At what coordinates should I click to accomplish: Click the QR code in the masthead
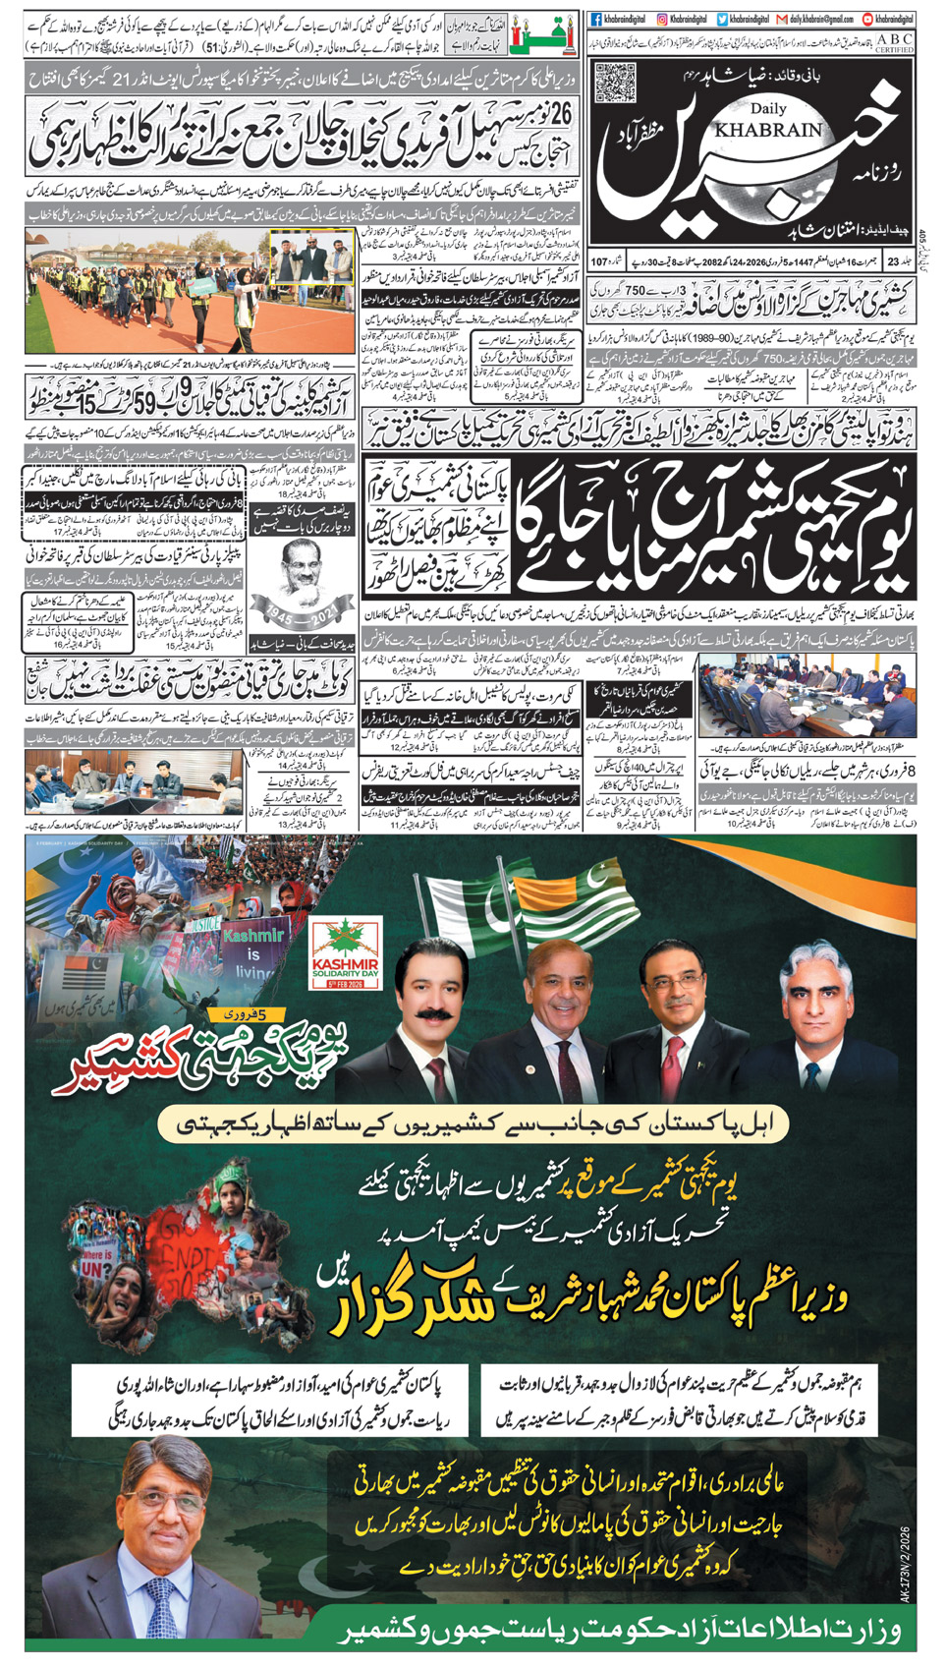(615, 82)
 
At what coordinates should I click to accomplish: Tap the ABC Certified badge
(893, 42)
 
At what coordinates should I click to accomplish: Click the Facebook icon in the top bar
(596, 19)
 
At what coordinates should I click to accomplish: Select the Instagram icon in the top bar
(663, 19)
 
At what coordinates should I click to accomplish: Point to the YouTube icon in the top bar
(867, 19)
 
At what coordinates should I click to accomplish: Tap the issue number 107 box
(600, 261)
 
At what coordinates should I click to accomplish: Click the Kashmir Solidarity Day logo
(345, 955)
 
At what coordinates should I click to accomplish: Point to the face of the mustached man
(430, 982)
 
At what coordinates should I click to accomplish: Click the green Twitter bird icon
(722, 19)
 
